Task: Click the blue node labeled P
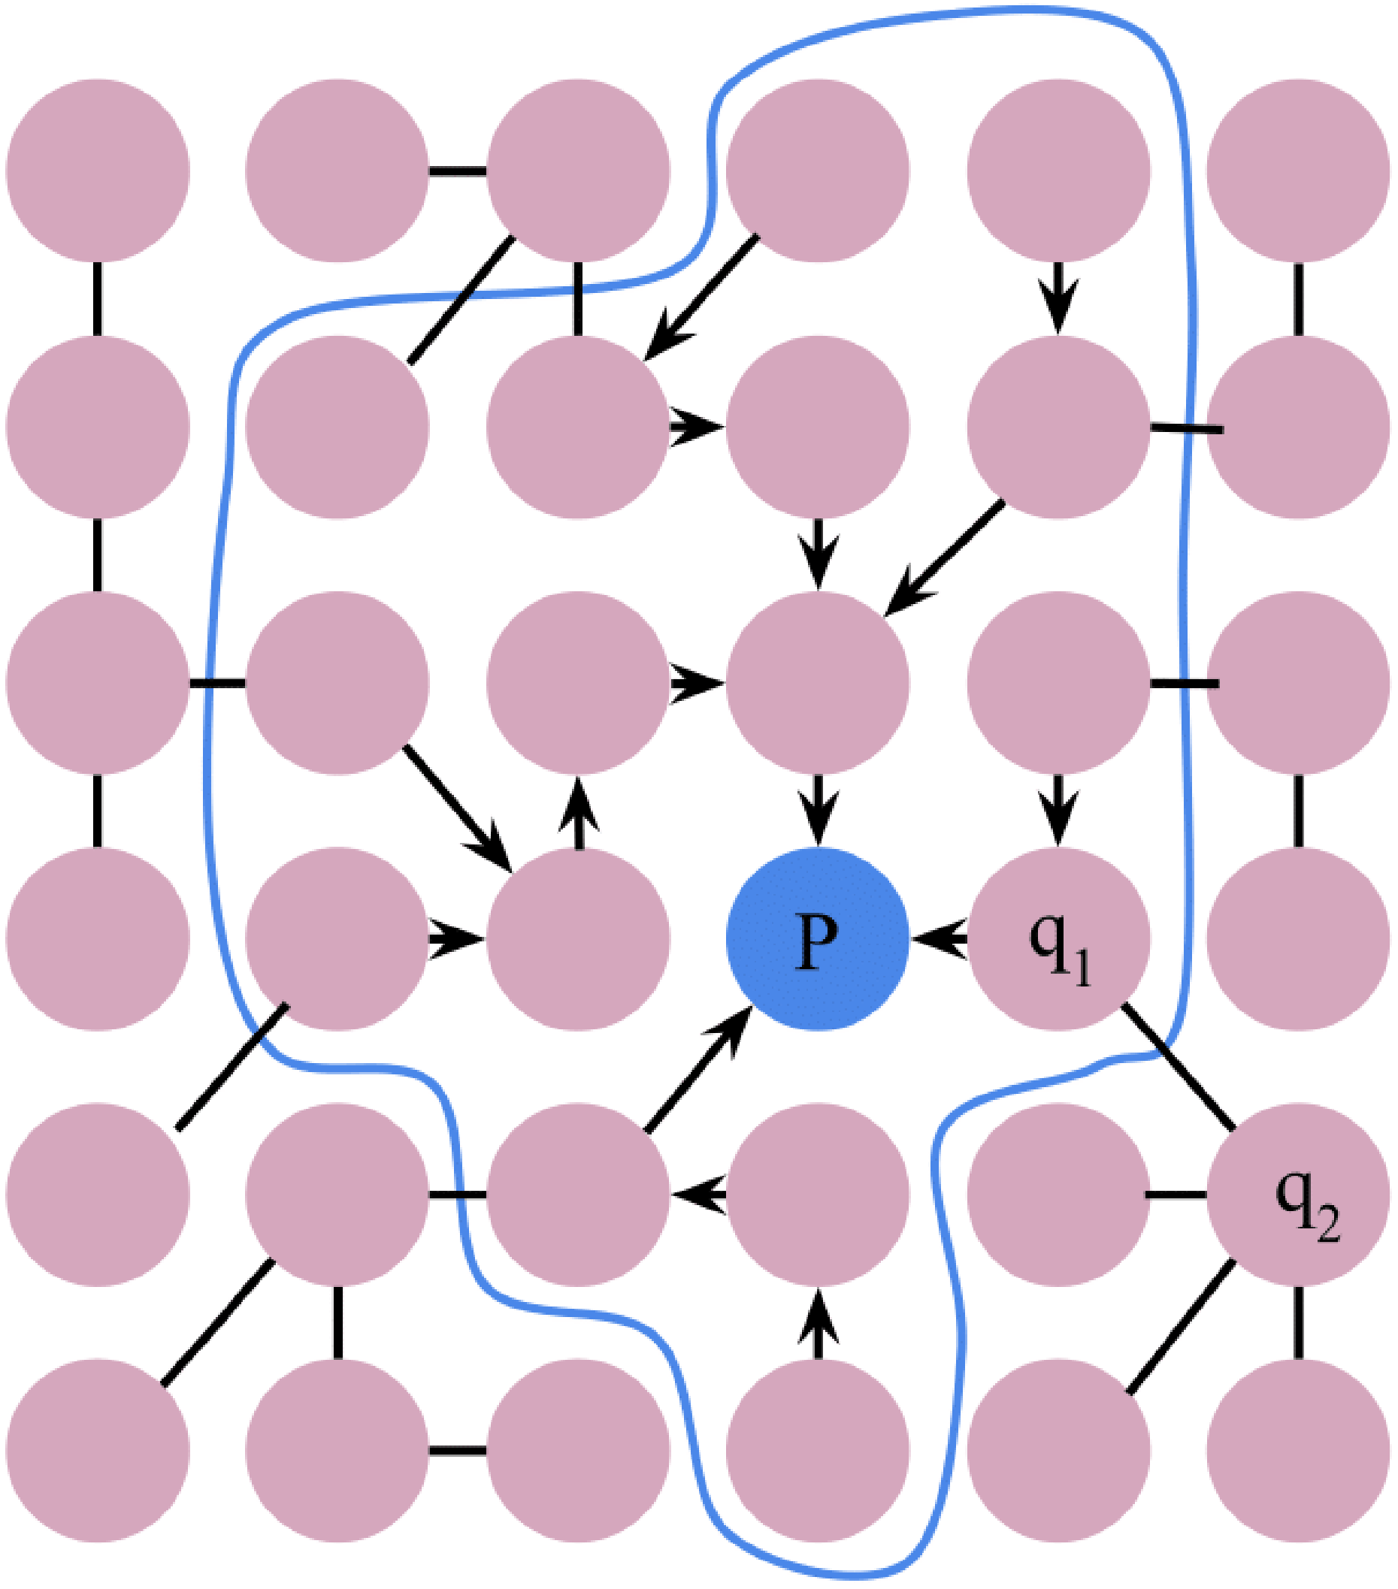817,939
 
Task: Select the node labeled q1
1058,939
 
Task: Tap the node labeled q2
1299,1195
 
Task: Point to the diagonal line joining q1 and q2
1177,1068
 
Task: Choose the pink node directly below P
817,1195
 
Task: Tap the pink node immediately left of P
578,939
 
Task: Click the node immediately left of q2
1058,1195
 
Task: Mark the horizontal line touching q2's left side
1177,1194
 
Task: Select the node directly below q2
1299,1451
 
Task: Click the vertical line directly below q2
1299,1323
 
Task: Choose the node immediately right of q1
1299,939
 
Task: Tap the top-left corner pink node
97,171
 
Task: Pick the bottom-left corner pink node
97,1451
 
